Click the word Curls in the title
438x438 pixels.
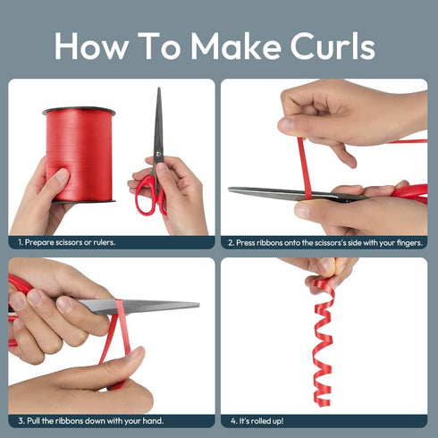[x=333, y=46]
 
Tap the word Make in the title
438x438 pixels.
[x=236, y=46]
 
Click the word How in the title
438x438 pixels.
[x=91, y=46]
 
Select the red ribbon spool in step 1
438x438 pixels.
[x=79, y=155]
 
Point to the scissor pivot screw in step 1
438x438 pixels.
[x=158, y=154]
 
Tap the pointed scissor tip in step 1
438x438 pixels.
[x=159, y=88]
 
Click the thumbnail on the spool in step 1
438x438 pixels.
[x=63, y=175]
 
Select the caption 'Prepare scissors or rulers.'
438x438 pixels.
[x=66, y=242]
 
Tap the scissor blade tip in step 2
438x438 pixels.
[x=230, y=189]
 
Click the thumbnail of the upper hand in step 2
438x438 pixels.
[x=287, y=124]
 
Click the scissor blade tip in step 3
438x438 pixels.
[x=198, y=304]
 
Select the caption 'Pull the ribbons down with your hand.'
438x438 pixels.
[x=91, y=421]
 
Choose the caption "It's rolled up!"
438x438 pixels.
[x=257, y=421]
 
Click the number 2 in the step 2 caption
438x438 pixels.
[x=231, y=243]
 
